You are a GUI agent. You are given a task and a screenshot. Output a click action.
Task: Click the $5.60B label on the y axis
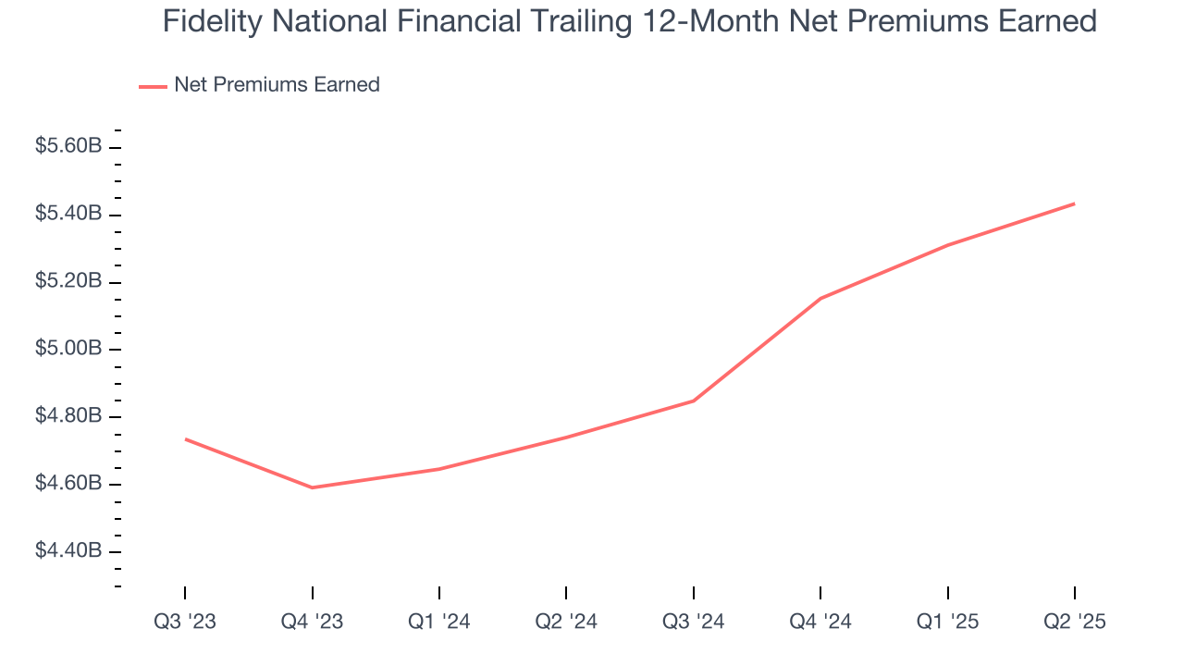pyautogui.click(x=68, y=146)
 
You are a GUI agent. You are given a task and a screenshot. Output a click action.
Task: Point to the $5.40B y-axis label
pyautogui.click(x=68, y=214)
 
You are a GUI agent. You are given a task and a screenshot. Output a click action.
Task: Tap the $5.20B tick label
pyautogui.click(x=68, y=281)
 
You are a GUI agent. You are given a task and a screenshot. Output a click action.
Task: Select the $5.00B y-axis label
pyautogui.click(x=68, y=349)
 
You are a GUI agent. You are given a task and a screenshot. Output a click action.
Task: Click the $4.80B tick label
pyautogui.click(x=68, y=416)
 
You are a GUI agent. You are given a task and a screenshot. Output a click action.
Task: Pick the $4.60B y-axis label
pyautogui.click(x=68, y=484)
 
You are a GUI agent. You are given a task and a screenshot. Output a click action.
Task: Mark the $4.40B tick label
pyautogui.click(x=68, y=551)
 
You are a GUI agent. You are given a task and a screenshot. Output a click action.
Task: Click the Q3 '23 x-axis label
pyautogui.click(x=185, y=622)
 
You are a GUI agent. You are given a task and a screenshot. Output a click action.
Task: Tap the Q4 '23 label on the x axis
pyautogui.click(x=312, y=622)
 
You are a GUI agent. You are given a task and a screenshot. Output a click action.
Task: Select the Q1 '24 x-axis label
pyautogui.click(x=439, y=622)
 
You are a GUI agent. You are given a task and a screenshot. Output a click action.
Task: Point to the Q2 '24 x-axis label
pyautogui.click(x=566, y=622)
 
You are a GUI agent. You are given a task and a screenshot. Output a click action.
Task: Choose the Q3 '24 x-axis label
pyautogui.click(x=694, y=622)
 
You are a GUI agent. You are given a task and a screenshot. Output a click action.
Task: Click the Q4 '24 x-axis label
pyautogui.click(x=820, y=622)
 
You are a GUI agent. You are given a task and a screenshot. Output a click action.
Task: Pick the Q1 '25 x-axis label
pyautogui.click(x=948, y=622)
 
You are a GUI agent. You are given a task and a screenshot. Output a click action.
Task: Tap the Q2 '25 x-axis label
pyautogui.click(x=1075, y=622)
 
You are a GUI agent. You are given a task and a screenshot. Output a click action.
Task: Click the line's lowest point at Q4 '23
pyautogui.click(x=312, y=487)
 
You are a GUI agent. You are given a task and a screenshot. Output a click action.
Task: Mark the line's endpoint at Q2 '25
pyautogui.click(x=1075, y=203)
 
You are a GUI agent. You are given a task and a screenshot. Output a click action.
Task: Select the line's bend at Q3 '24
pyautogui.click(x=694, y=401)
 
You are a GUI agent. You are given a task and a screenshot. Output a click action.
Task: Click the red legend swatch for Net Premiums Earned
pyautogui.click(x=153, y=86)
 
